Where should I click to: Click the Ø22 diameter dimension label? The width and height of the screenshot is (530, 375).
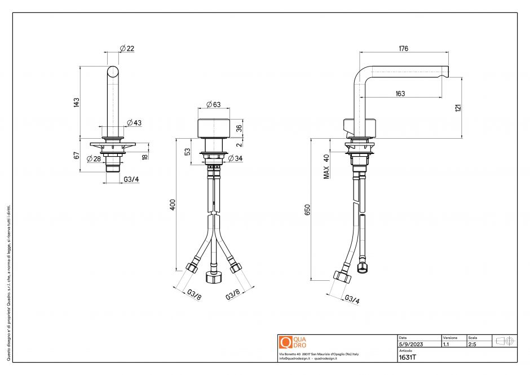click(127, 49)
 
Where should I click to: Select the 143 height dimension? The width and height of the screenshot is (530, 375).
click(76, 102)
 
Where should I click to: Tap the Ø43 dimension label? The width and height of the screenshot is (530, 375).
click(134, 123)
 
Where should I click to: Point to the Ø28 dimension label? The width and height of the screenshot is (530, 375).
click(94, 158)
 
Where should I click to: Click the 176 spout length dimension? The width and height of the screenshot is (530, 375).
click(403, 49)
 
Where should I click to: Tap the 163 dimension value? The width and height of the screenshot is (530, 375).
click(400, 94)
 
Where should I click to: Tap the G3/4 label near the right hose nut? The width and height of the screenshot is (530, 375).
click(351, 299)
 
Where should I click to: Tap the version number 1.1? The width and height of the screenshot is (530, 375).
click(446, 344)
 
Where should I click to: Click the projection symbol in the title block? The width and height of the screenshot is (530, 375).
click(503, 341)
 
